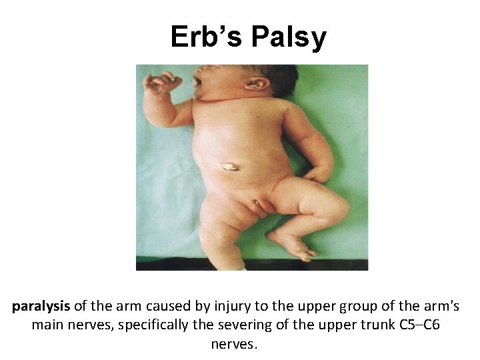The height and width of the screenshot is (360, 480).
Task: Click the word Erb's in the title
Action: (206, 37)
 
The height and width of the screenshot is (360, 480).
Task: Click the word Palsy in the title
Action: (289, 38)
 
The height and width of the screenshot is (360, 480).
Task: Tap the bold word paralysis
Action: (41, 307)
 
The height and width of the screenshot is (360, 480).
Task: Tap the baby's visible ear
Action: (257, 85)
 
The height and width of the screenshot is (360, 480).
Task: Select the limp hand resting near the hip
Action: (319, 175)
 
